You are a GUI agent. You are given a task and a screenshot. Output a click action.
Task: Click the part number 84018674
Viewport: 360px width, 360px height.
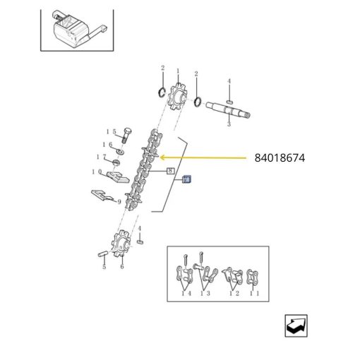coord(280,158)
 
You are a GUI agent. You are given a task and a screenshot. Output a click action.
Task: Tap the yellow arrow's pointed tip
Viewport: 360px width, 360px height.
coord(160,157)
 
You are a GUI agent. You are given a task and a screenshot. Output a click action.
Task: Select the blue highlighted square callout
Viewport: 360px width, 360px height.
coord(187,179)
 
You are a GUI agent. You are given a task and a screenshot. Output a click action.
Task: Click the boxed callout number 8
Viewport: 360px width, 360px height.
coord(171,171)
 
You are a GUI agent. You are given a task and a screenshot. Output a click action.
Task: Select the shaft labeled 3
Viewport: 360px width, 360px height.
coord(228,110)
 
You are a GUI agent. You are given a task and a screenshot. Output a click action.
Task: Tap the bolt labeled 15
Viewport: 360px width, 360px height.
coord(126,136)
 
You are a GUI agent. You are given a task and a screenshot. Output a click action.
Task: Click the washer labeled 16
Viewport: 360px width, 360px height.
coord(121,151)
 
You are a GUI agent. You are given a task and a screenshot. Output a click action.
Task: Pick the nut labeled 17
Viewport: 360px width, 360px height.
coord(116,162)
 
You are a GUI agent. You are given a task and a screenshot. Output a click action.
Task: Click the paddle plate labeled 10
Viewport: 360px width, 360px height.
coord(118,177)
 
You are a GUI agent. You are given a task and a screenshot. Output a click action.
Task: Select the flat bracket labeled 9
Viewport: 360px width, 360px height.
coord(103,196)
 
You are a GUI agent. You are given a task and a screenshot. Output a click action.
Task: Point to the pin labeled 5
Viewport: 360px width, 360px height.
coord(103,254)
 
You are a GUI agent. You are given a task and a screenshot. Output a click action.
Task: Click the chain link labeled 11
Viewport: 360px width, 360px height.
coord(252,277)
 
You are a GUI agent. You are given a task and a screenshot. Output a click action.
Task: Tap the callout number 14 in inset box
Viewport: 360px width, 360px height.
coord(186,293)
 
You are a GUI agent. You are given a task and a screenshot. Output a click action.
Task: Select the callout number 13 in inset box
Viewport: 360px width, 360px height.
coord(205,293)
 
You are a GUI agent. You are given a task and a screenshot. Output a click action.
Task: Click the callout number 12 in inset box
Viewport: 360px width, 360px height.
coord(234,293)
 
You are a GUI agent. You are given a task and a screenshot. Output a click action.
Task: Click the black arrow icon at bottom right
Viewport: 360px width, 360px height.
coord(296,326)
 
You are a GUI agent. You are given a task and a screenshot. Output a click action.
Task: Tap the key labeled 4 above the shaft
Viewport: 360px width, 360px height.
coord(229,102)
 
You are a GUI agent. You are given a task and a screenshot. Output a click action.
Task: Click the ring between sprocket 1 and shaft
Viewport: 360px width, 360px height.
coord(198,101)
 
